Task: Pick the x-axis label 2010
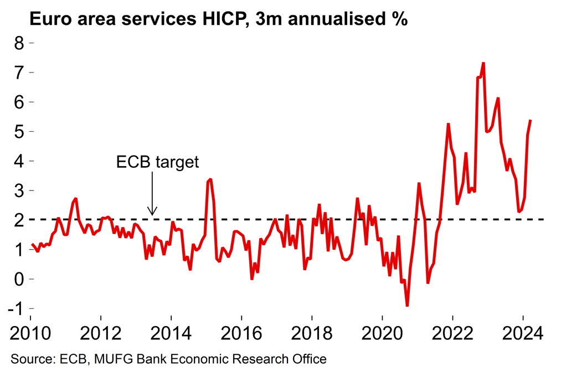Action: (x=30, y=334)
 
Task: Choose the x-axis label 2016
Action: (x=241, y=334)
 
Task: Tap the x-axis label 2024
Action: (x=523, y=334)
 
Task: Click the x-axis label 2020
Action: (x=382, y=334)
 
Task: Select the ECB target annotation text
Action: (x=157, y=162)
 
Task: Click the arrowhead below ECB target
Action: (x=153, y=212)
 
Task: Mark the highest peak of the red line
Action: (x=483, y=63)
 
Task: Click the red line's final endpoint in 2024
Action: (x=531, y=120)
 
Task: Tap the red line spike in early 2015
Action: (x=210, y=179)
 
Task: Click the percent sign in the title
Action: (x=399, y=20)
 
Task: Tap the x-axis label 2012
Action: (x=101, y=334)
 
